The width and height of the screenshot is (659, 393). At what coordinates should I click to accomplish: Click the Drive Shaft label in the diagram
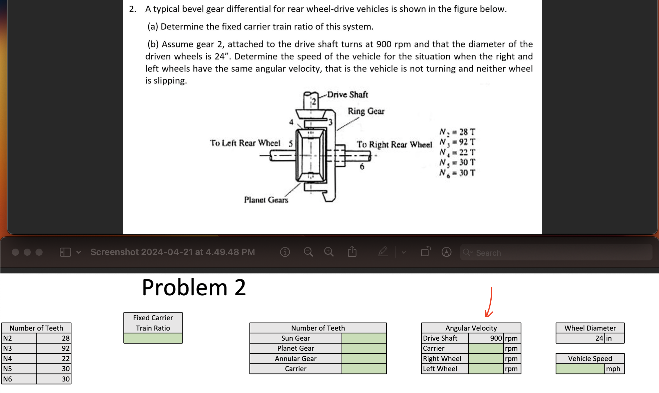tap(347, 95)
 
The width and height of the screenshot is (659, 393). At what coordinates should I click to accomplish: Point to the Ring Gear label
tap(366, 111)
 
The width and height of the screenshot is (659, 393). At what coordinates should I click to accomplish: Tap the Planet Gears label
tap(266, 200)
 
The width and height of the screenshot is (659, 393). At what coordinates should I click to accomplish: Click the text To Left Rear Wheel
tap(245, 143)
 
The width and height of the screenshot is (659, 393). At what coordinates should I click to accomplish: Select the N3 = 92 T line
tap(457, 142)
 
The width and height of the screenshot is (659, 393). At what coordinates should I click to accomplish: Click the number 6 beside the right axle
tap(362, 167)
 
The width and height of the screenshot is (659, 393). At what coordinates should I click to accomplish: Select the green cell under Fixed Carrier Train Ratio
tap(153, 338)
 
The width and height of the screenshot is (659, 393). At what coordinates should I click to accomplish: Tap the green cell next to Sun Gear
tap(364, 338)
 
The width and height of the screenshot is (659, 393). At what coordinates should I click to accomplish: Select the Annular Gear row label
tap(295, 359)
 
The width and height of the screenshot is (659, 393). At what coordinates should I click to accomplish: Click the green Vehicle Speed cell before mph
tap(580, 369)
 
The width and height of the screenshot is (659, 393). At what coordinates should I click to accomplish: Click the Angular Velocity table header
tap(471, 328)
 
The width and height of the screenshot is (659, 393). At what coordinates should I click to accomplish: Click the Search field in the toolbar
tap(556, 253)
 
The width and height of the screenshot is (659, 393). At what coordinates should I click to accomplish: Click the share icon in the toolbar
tap(352, 252)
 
